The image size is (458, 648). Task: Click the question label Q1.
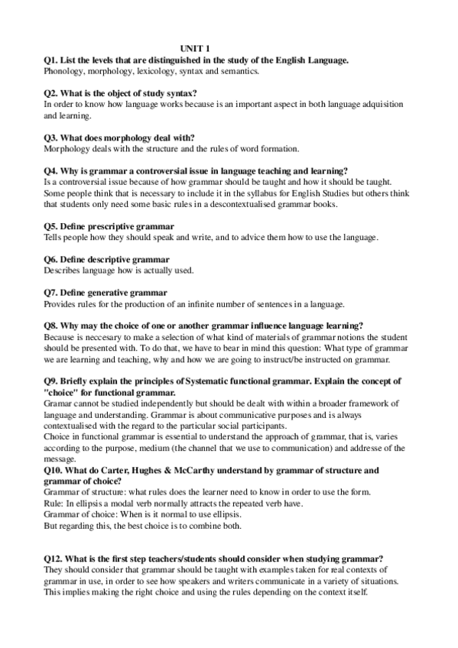51,59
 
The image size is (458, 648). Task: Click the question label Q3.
51,137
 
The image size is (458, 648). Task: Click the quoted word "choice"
63,393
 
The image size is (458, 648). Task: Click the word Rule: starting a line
55,504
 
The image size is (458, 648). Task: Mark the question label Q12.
54,559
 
